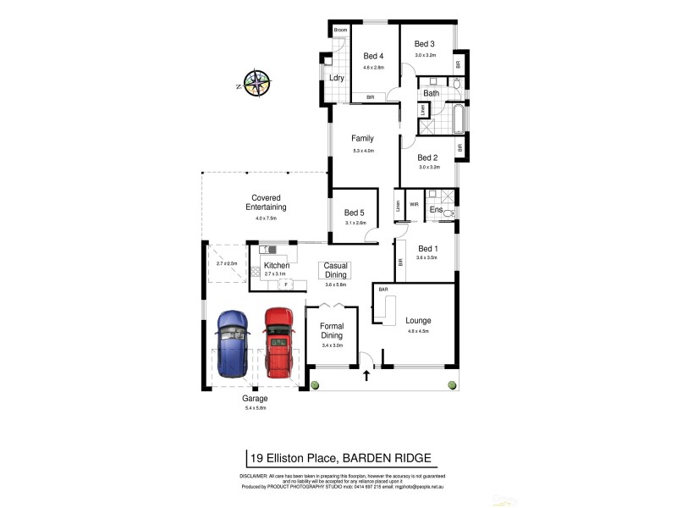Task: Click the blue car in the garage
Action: [233, 343]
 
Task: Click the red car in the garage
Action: [278, 342]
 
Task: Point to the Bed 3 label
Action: [424, 44]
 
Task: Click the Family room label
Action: [363, 139]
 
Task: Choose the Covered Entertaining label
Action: [266, 202]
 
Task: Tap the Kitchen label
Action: [277, 266]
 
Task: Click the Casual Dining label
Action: [336, 271]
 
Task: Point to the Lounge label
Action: [418, 321]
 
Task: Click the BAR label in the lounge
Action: [383, 290]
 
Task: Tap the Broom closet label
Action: [341, 30]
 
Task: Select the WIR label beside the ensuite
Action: [415, 204]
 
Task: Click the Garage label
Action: [255, 398]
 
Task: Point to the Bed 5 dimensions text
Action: [355, 223]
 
